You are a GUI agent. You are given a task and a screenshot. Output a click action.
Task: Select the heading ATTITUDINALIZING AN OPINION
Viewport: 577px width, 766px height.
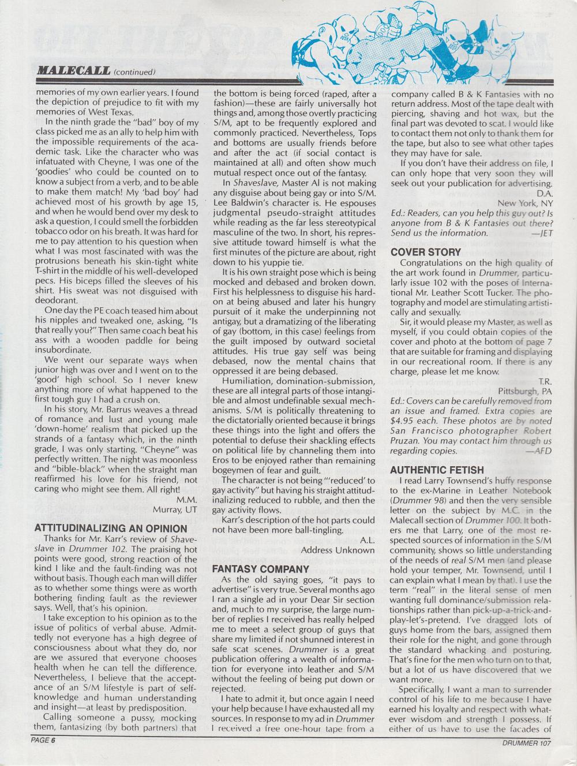point(111,529)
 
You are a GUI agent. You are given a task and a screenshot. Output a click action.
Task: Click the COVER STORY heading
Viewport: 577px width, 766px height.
point(426,252)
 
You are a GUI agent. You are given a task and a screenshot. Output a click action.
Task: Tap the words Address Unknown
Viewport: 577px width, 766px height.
point(338,550)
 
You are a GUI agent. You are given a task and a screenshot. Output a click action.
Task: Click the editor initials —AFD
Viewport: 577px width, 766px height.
point(539,451)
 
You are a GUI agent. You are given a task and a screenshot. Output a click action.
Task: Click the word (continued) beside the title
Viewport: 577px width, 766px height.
point(135,72)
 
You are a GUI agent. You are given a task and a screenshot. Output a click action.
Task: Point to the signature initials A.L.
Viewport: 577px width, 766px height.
point(367,540)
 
